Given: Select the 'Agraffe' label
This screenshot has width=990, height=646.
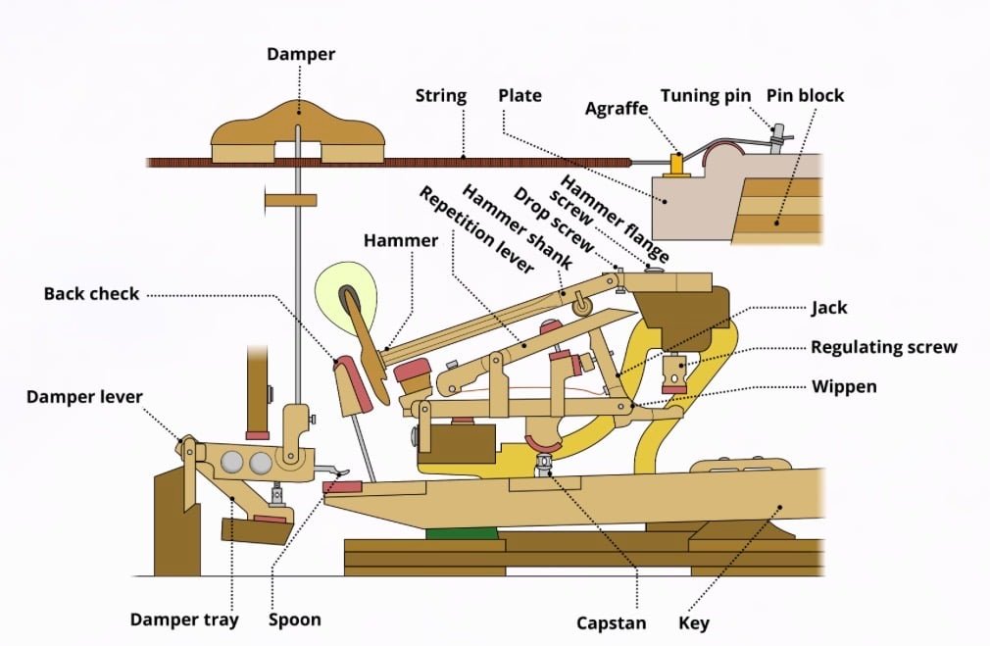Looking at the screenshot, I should tap(618, 108).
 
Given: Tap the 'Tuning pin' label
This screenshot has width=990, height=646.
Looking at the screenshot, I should tap(706, 95).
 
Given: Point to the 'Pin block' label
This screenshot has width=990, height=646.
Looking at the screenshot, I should tap(805, 95).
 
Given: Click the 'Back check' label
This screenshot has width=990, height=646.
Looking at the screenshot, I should tap(92, 293).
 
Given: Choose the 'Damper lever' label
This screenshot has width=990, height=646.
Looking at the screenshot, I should tap(84, 397).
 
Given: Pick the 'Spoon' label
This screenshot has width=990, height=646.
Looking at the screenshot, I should tap(295, 620).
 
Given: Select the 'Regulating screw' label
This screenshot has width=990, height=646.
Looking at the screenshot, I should tap(883, 347).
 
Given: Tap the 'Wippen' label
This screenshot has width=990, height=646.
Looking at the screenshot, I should tap(844, 386).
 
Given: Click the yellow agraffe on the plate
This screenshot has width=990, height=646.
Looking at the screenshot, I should tap(676, 163).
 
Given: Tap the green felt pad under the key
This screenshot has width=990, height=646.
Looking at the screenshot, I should tap(462, 533).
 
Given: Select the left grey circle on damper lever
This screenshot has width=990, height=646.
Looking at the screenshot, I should tap(233, 463).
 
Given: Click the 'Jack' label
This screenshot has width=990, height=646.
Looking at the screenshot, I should tap(828, 308).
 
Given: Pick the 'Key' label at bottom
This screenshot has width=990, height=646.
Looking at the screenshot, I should tap(693, 622).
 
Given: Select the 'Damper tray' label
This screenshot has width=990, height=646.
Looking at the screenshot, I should tap(184, 620).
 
